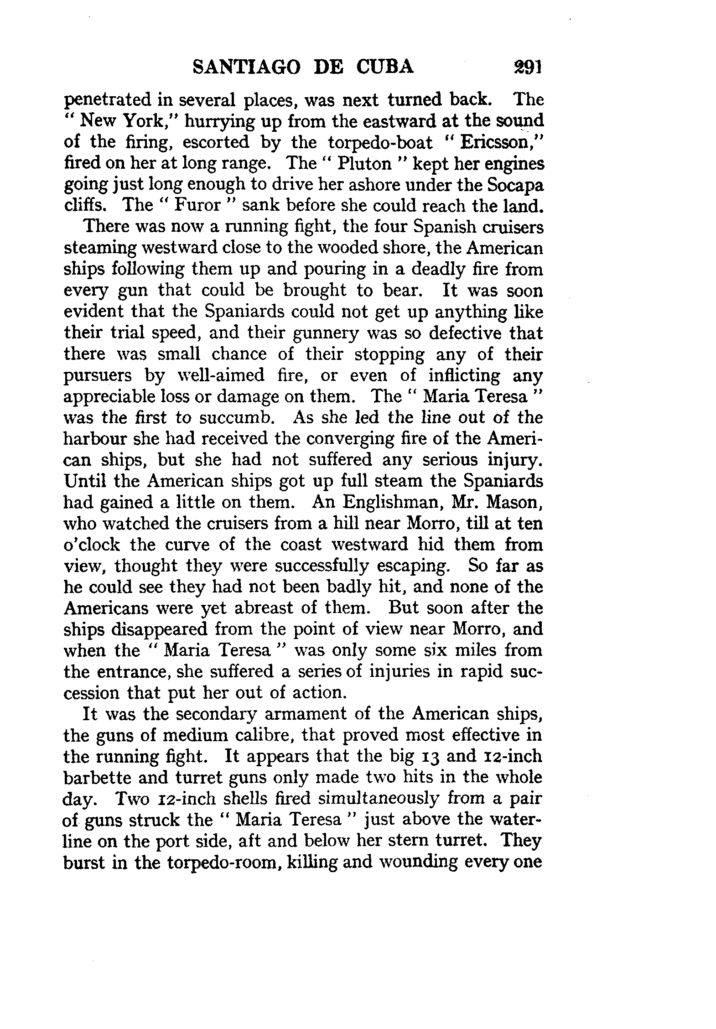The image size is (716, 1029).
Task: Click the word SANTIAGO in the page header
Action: (x=246, y=67)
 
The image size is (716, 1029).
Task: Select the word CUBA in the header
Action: (x=385, y=67)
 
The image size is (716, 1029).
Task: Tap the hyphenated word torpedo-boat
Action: (x=380, y=142)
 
